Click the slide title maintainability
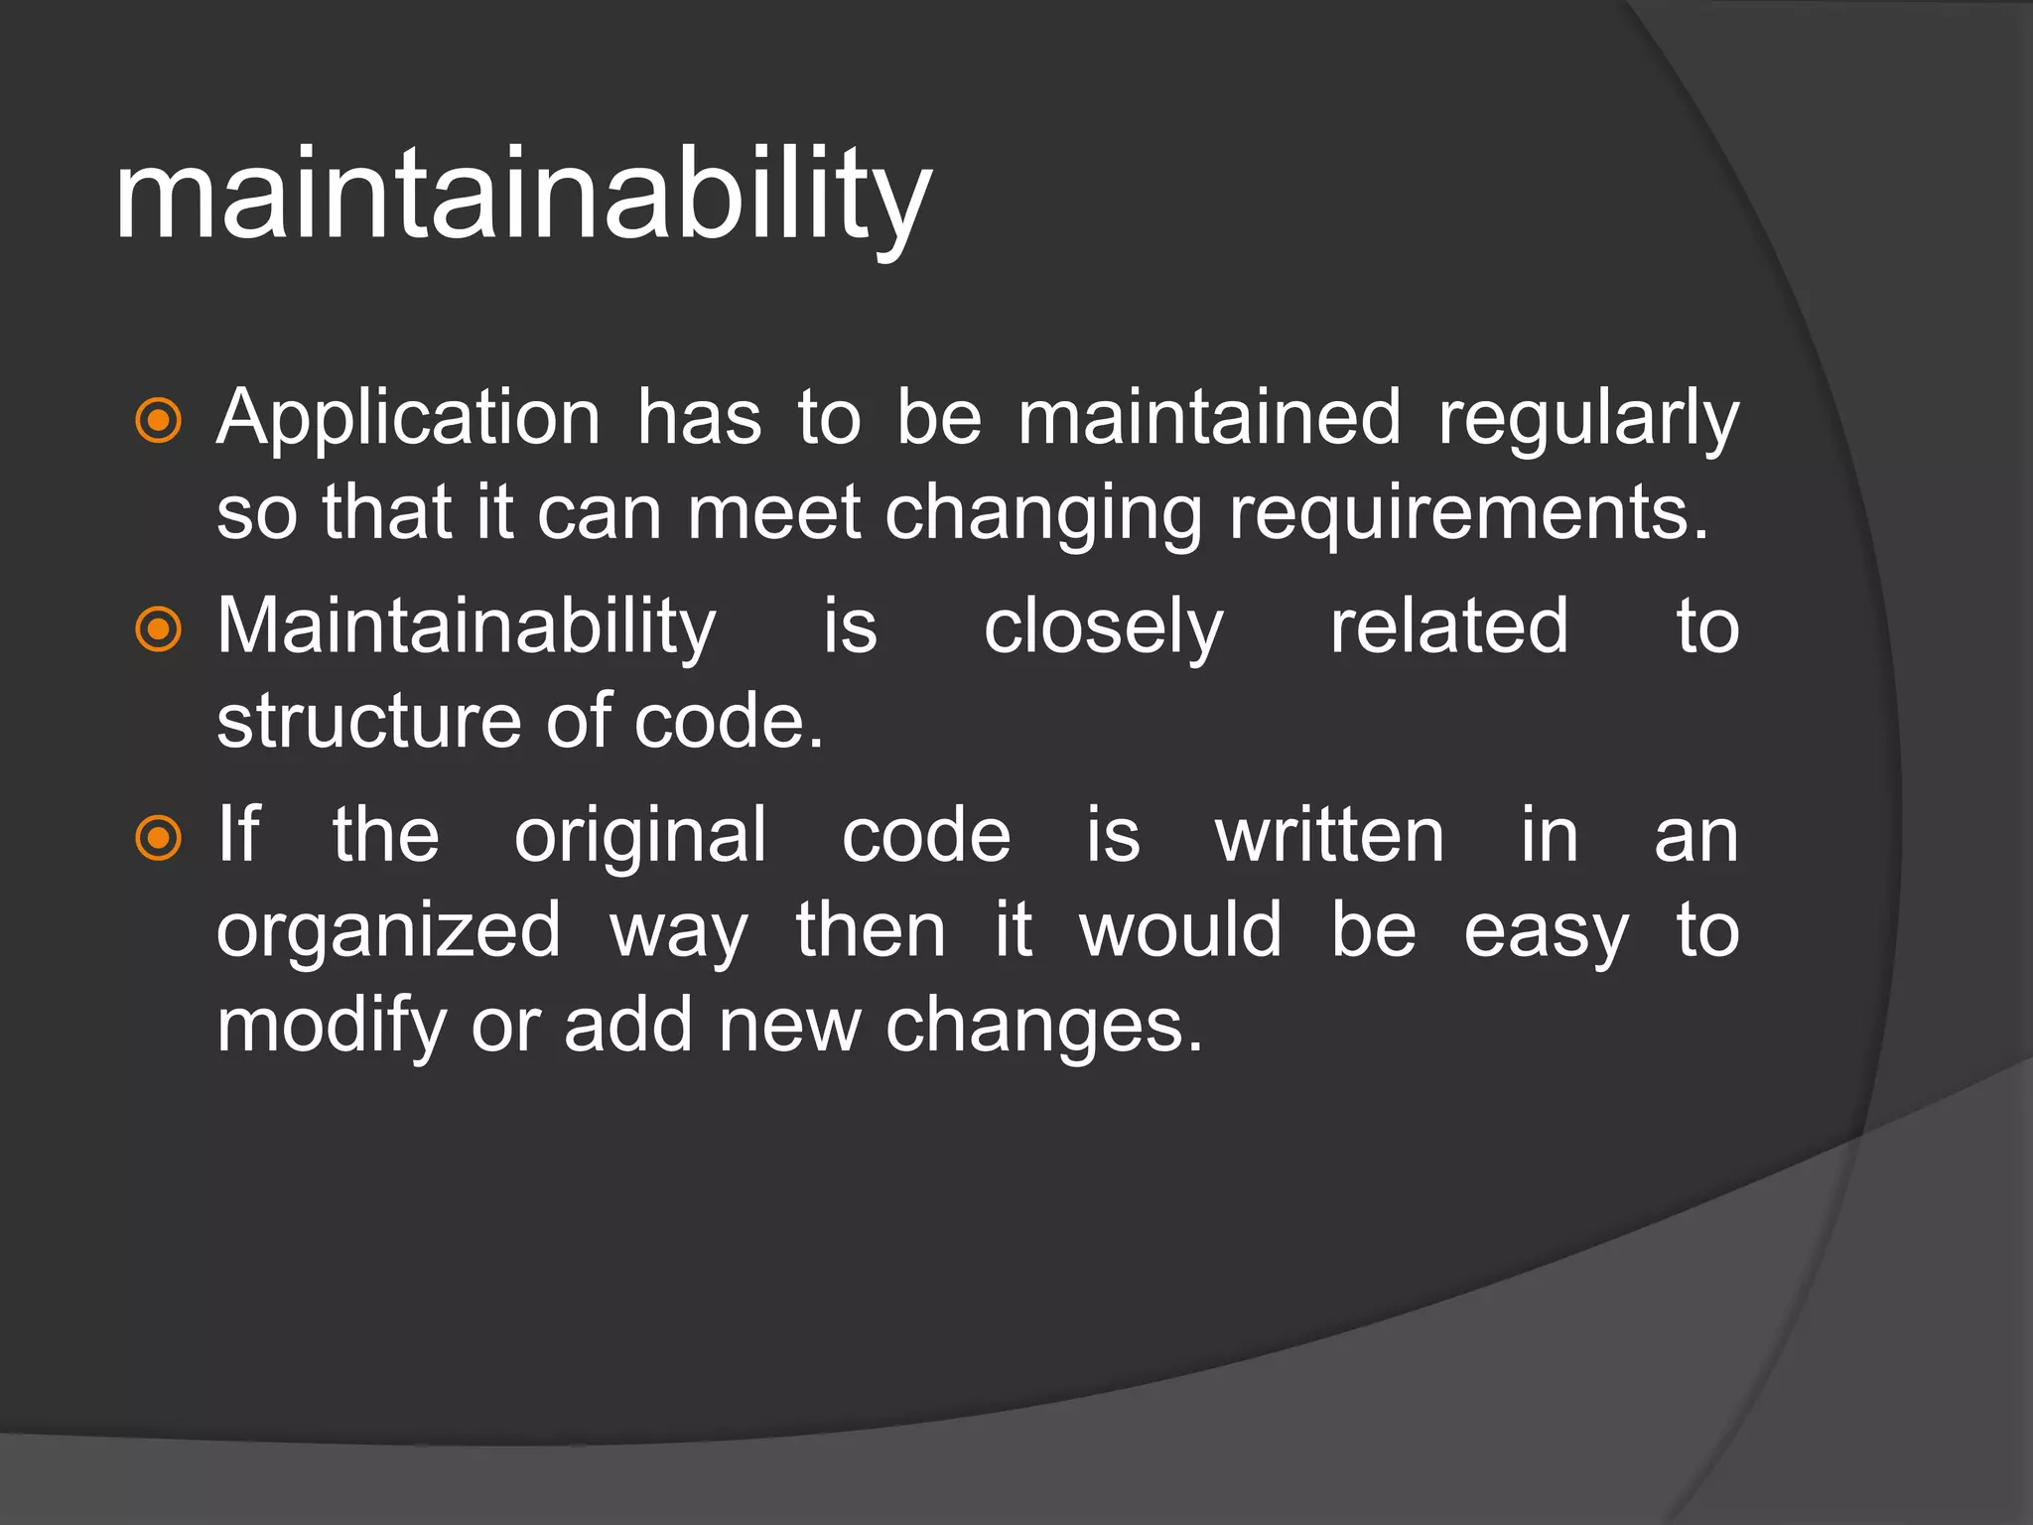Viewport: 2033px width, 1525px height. click(523, 196)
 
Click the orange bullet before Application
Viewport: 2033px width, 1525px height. click(159, 421)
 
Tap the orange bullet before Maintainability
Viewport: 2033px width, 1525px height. click(159, 629)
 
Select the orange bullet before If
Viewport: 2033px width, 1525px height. click(159, 838)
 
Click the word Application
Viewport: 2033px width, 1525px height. click(409, 419)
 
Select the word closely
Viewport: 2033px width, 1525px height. click(1103, 629)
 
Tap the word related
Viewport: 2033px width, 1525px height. click(1449, 627)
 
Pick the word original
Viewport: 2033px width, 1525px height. click(640, 838)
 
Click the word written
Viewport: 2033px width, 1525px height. click(1330, 836)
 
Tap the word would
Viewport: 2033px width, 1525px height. click(1181, 931)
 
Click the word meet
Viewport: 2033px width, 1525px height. click(774, 514)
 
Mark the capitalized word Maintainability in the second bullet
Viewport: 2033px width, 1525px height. click(467, 629)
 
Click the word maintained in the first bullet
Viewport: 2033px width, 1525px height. click(1209, 419)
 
